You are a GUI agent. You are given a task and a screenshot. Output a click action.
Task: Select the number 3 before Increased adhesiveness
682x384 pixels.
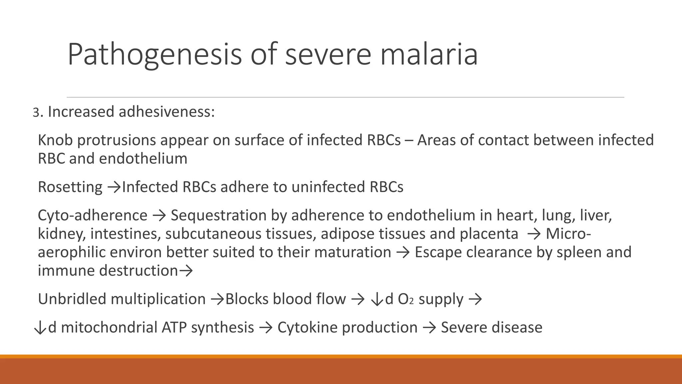point(36,113)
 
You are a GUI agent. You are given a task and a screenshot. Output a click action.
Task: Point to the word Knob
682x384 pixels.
point(55,140)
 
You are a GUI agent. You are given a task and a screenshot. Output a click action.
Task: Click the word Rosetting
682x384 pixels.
point(70,187)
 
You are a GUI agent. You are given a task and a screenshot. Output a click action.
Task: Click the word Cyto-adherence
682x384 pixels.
point(92,215)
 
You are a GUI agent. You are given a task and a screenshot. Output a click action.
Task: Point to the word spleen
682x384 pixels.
point(578,252)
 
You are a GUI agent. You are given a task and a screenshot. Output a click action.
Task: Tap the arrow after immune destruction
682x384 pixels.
point(186,271)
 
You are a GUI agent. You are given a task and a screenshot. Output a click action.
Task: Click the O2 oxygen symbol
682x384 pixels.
point(406,299)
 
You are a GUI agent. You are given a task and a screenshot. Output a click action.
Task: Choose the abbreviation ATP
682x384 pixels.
point(174,327)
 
